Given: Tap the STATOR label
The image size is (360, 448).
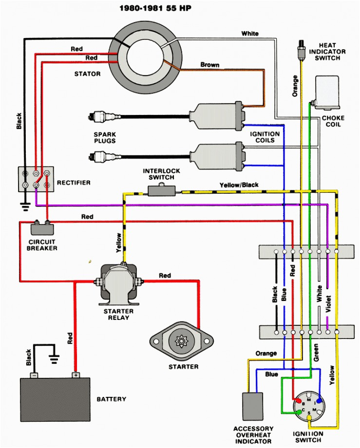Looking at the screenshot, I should click(87, 74).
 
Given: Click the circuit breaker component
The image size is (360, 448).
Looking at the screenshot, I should click(42, 228).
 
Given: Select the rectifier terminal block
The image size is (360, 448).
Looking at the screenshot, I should click(36, 179).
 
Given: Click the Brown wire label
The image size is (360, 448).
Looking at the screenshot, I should click(210, 65).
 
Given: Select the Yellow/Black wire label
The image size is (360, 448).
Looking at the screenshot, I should click(239, 185).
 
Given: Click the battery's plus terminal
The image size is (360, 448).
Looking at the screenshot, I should click(76, 375).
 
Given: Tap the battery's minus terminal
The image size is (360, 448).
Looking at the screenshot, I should click(34, 375).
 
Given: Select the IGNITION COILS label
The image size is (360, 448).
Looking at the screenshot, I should click(265, 137).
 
